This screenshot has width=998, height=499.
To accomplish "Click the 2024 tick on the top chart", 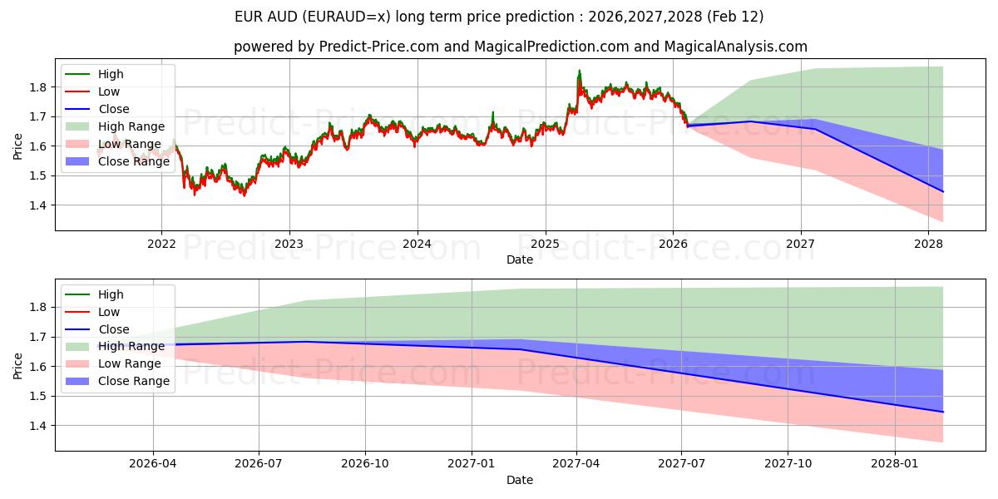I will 417,244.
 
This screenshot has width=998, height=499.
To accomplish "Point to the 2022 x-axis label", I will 161,244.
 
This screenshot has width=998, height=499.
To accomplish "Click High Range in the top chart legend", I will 131,126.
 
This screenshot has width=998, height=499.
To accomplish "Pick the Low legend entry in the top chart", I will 109,91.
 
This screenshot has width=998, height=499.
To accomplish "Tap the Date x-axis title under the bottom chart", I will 520,480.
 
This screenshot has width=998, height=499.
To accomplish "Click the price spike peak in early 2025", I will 580,72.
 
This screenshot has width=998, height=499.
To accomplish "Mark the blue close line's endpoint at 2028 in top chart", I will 942,191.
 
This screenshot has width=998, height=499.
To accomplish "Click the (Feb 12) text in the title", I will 735,17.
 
